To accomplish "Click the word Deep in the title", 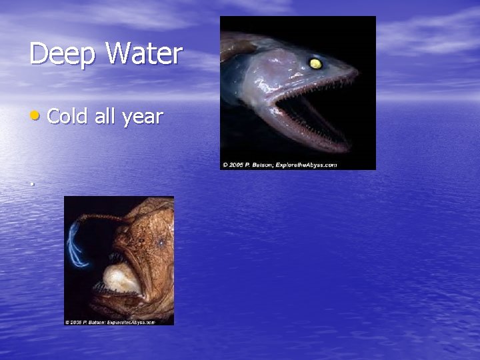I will pos(59,54).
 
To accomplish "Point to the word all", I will pos(105,117).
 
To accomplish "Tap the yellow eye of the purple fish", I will pos(314,63).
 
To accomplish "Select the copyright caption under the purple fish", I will pos(280,165).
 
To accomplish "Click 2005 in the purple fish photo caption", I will pos(235,165).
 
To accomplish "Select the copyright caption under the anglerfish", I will pos(110,322).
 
